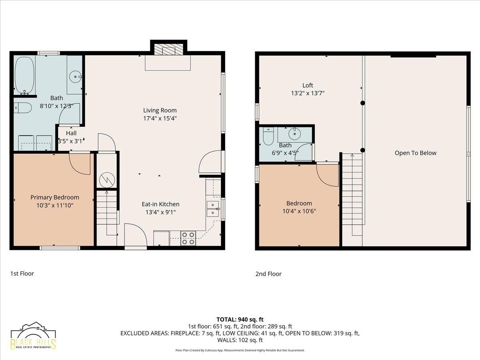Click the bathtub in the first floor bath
click(x=24, y=76)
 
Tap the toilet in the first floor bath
click(x=22, y=108)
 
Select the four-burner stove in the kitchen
click(x=188, y=238)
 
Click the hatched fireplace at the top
click(x=168, y=50)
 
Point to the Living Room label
click(x=160, y=110)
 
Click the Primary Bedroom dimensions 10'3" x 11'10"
click(x=55, y=206)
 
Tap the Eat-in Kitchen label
click(x=160, y=204)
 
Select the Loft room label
click(x=308, y=85)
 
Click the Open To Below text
click(x=416, y=153)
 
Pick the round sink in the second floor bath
click(x=294, y=133)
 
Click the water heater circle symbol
click(x=107, y=180)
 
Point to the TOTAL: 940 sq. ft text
click(x=240, y=320)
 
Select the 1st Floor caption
click(x=22, y=274)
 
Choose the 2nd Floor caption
click(x=268, y=274)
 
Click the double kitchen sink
click(x=213, y=209)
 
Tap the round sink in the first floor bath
click(x=75, y=77)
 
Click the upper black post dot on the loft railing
click(x=362, y=103)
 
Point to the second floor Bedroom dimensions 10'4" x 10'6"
click(x=299, y=211)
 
